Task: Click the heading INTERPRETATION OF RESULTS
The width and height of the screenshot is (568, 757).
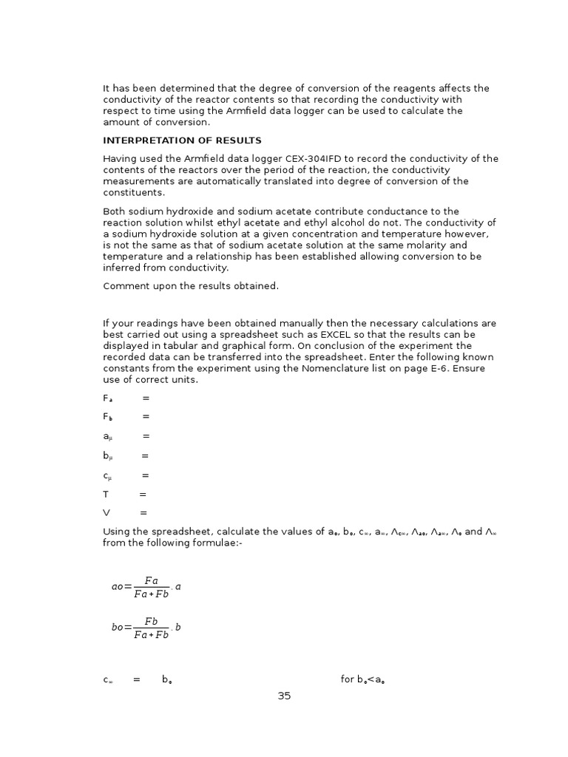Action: [x=182, y=140]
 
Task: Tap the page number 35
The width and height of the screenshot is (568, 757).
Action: [x=284, y=696]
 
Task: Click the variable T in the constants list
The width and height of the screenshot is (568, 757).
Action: [x=106, y=494]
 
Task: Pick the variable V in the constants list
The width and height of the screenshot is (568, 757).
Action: [x=106, y=512]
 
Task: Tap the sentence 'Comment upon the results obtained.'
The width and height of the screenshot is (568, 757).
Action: [x=191, y=286]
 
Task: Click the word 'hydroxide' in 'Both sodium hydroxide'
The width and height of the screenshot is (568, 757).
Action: [x=188, y=211]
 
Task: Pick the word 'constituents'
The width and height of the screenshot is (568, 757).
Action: [x=133, y=192]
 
